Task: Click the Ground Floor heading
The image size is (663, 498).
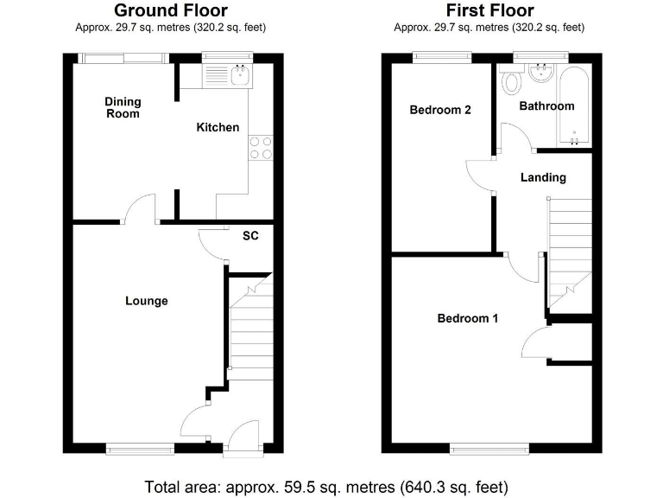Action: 171,10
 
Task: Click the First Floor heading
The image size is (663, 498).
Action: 489,10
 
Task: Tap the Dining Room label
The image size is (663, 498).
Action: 123,108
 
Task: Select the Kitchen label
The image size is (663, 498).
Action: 218,127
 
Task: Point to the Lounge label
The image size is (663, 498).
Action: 146,301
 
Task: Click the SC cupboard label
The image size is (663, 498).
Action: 250,235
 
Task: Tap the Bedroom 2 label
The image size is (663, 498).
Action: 440,110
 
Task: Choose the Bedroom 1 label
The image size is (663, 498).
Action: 468,318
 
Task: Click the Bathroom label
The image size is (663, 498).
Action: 546,106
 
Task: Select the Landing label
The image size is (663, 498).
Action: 543,177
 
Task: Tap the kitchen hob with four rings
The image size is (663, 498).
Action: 261,148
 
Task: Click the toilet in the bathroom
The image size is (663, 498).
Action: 511,82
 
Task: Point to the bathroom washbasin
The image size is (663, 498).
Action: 541,73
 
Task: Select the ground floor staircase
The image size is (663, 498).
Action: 250,324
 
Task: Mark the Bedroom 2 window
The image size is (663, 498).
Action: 442,57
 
